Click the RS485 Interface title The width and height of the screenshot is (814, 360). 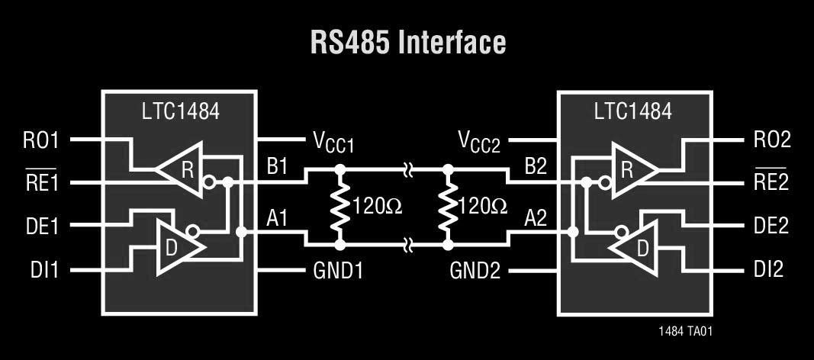click(x=407, y=43)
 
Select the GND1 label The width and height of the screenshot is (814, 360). click(x=338, y=270)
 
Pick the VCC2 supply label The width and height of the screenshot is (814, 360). click(x=478, y=142)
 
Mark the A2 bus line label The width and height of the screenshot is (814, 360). click(x=538, y=219)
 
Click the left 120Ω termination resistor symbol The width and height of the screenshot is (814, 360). click(x=339, y=206)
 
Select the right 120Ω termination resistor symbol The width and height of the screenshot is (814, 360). click(x=448, y=206)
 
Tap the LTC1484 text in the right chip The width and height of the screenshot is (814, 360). click(x=633, y=111)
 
